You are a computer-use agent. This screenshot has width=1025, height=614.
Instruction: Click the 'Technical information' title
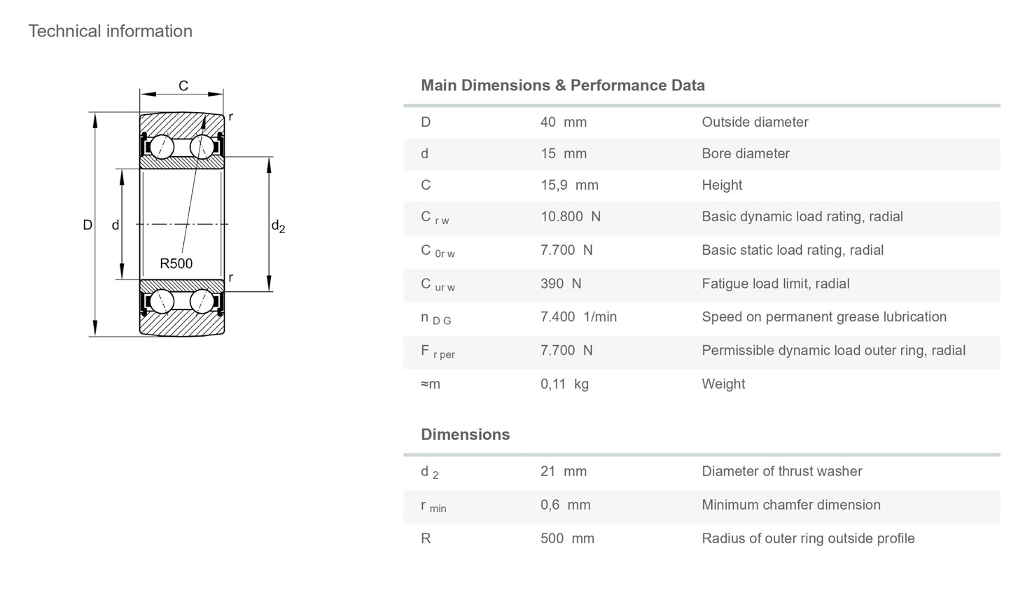pos(111,31)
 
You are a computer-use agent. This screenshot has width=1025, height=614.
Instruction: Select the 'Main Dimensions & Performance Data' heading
pos(563,85)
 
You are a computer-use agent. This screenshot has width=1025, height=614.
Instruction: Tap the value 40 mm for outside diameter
pos(564,122)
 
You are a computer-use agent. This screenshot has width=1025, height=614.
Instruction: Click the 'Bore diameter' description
pos(746,154)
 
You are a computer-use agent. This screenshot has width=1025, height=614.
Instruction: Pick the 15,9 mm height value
pos(569,185)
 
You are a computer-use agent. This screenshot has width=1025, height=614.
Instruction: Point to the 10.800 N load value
pos(571,216)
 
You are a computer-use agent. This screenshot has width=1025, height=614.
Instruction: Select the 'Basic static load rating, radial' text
pos(793,250)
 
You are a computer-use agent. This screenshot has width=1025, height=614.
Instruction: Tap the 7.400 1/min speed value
pos(578,316)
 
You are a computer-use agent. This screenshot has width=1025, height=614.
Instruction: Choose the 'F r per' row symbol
pos(438,352)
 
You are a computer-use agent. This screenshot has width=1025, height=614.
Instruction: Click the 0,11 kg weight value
pos(564,384)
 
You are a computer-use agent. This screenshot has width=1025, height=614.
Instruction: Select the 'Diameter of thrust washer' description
pos(781,471)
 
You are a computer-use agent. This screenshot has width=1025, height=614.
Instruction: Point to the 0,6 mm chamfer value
pos(565,505)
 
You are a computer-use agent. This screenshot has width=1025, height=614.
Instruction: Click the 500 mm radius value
pos(567,538)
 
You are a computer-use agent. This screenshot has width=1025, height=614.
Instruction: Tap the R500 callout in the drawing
pos(176,263)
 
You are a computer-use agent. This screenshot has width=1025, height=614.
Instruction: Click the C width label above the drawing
pos(183,86)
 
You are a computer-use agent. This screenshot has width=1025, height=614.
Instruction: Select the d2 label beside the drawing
pos(278,226)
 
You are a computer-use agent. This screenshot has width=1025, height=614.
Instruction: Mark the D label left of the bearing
pos(88,225)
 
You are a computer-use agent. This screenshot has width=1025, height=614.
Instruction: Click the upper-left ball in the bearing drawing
pos(162,147)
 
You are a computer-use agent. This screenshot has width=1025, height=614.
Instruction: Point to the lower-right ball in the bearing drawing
pos(202,302)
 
